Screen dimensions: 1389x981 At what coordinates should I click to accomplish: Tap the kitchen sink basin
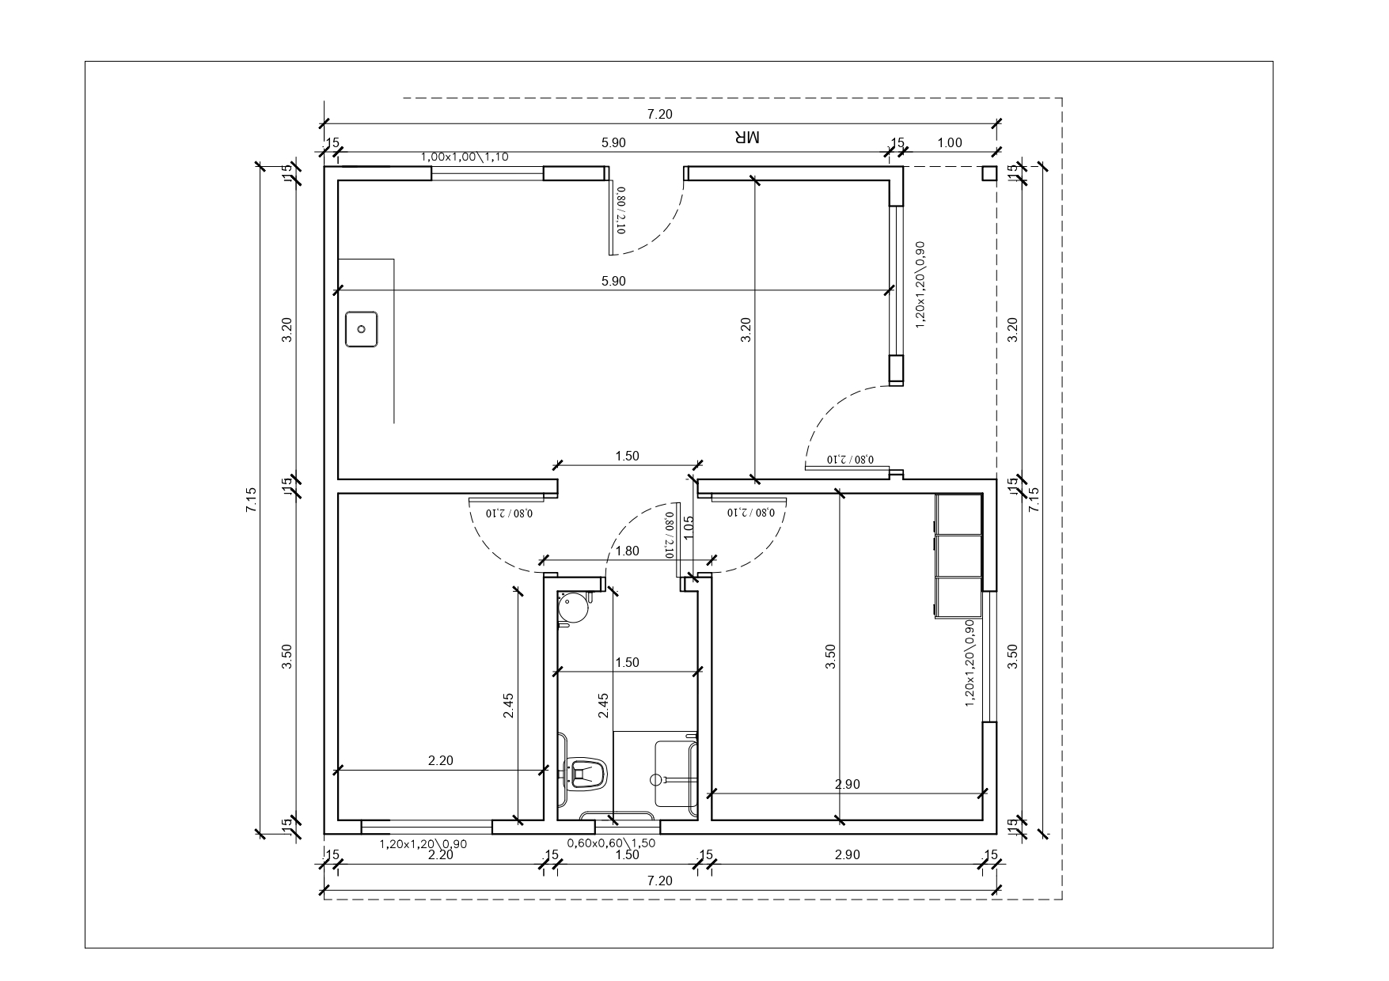pos(362,329)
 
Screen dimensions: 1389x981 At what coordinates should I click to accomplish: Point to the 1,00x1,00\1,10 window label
pos(465,157)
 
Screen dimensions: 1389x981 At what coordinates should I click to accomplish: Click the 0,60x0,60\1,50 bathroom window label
pos(612,843)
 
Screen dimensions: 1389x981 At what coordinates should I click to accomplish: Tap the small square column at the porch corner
pos(989,173)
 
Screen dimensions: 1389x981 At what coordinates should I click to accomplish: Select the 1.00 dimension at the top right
pos(950,143)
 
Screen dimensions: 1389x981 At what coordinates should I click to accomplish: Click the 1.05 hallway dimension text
pos(689,528)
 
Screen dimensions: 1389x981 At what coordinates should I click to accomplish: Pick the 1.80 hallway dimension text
pos(627,551)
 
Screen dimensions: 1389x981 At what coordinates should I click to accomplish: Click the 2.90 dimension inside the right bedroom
pos(848,785)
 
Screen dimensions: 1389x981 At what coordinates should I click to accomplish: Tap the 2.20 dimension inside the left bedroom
pos(441,761)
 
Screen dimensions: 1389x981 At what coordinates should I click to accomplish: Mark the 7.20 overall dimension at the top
pos(660,114)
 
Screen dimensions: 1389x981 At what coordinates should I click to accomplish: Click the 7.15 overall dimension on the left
pos(252,500)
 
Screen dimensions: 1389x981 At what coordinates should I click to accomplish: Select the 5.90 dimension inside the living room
pos(613,281)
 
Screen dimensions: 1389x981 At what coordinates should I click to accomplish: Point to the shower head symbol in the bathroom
pos(656,779)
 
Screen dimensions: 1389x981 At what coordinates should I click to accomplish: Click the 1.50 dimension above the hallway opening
pos(627,456)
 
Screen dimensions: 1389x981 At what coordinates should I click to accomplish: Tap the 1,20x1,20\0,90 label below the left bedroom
pos(423,844)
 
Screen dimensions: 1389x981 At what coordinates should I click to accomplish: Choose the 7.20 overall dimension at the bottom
pos(660,881)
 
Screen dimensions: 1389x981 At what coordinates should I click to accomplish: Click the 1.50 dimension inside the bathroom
pos(627,663)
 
